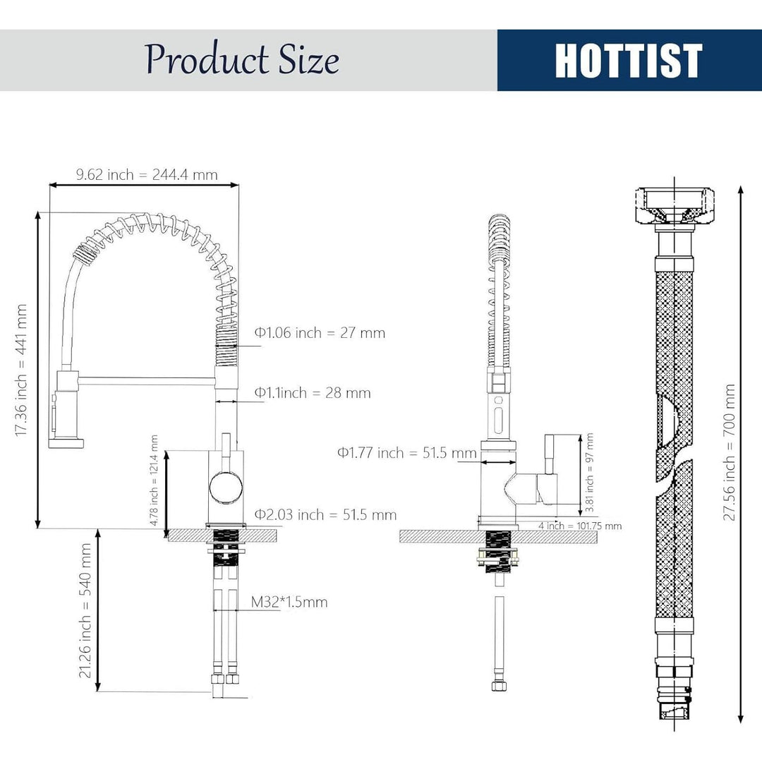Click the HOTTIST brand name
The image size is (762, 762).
629,60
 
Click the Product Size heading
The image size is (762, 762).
242,59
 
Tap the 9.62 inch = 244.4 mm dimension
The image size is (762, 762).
146,174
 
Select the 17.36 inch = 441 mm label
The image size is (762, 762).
20,370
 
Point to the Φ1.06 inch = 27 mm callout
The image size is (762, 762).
320,333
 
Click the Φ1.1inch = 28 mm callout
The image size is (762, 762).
313,393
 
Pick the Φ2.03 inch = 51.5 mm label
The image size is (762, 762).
325,514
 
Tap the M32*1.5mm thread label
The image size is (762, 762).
289,602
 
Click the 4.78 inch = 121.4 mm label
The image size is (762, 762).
154,480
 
